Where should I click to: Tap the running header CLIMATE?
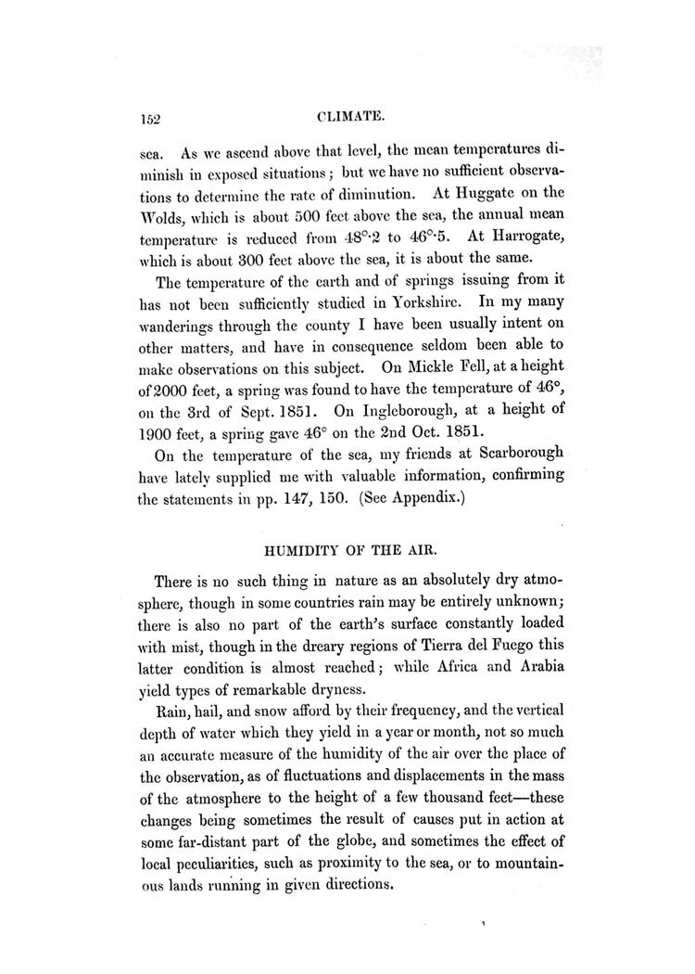347,118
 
